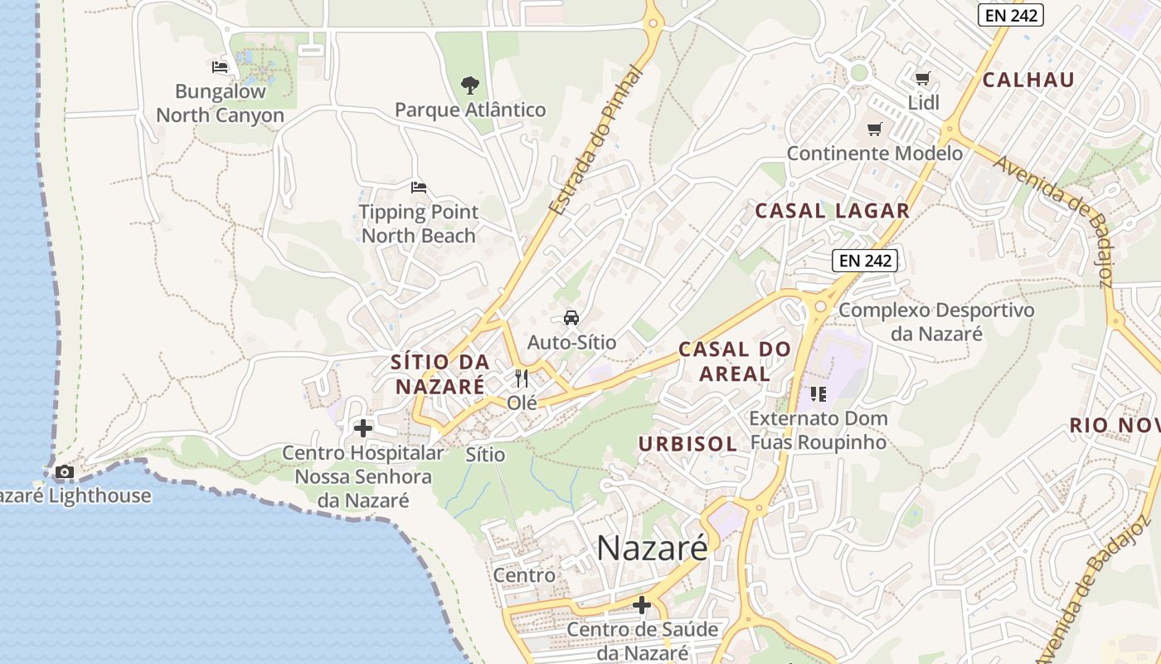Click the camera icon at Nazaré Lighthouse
[64, 472]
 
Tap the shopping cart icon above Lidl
[922, 79]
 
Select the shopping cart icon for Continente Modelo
[874, 129]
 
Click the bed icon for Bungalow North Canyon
[220, 66]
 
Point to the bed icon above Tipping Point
[419, 188]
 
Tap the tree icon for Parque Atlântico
[470, 85]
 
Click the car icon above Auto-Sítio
[571, 317]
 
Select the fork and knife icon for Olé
[522, 378]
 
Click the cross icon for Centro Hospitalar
[363, 428]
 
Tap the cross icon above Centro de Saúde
[642, 605]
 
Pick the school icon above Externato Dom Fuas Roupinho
[819, 393]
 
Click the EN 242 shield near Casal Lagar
[865, 261]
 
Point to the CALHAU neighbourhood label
[1028, 80]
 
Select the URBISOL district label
[687, 444]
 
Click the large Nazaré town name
[653, 548]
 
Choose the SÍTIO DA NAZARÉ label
[440, 374]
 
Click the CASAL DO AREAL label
[735, 361]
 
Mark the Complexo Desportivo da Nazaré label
[936, 322]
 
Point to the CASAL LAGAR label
[833, 211]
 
